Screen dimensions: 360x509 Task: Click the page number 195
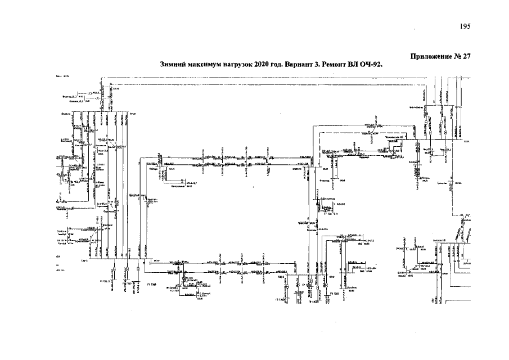pos(465,26)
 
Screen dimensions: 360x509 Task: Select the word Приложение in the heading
pos(431,56)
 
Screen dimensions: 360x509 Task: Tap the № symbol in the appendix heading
pos(458,56)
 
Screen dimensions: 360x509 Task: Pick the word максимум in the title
pos(205,65)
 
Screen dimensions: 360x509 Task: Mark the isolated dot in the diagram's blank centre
pos(253,186)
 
